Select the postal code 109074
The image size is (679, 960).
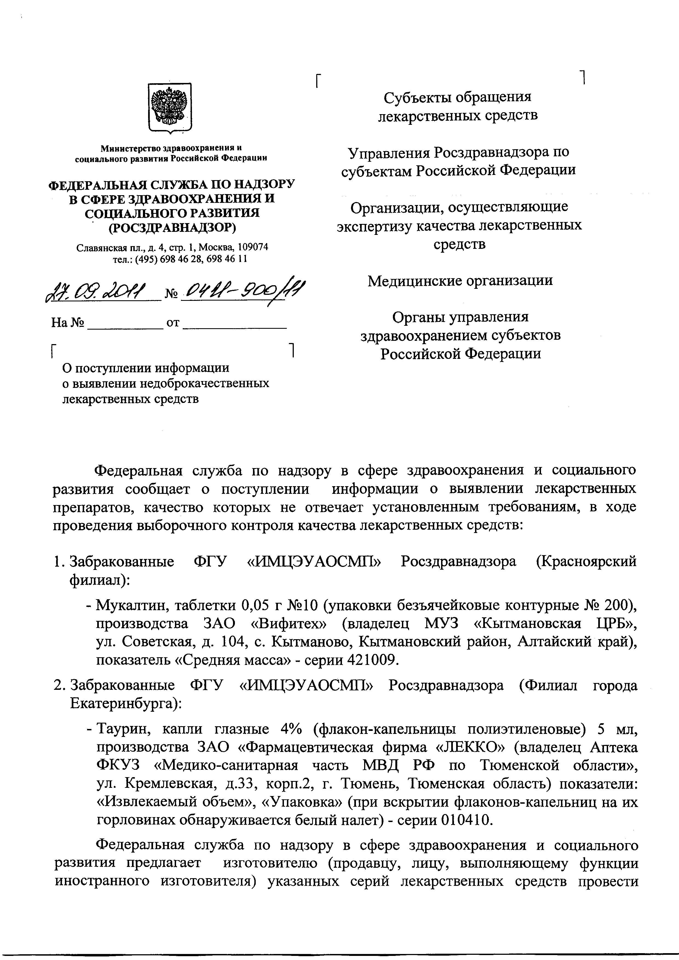(x=252, y=247)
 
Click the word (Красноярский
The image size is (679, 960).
(x=586, y=561)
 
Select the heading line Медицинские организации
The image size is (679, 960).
(x=460, y=281)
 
